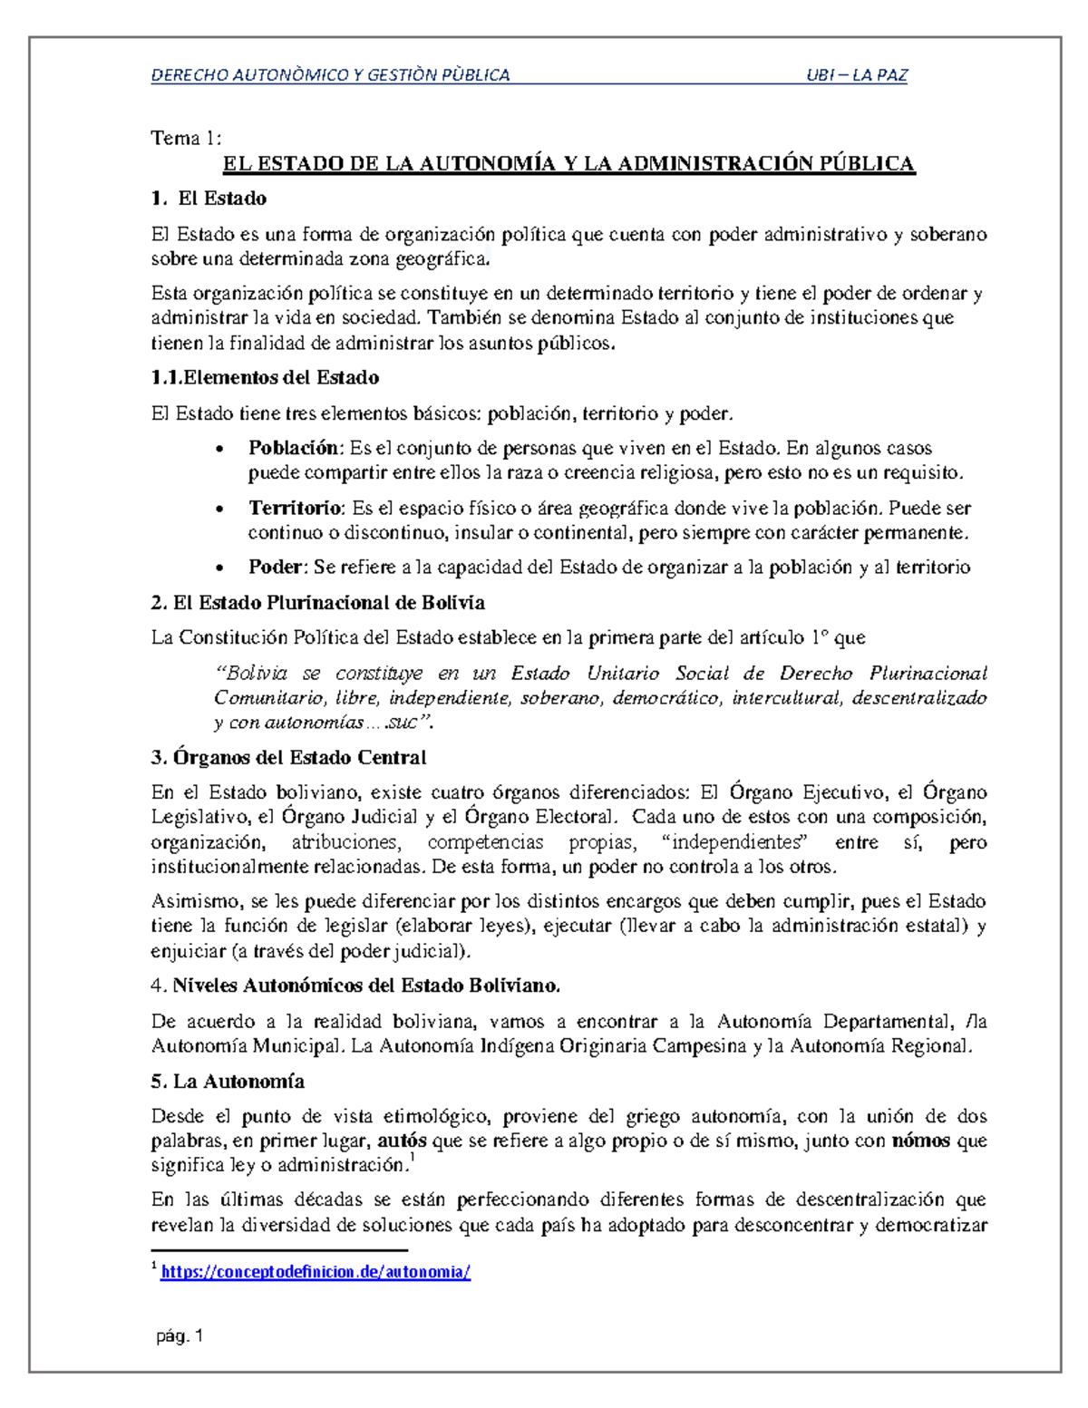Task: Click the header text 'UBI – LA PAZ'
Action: [x=856, y=75]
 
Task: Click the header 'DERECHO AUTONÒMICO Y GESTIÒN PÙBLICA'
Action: [x=330, y=75]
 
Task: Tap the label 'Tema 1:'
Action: [x=186, y=138]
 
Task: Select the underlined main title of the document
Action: [x=568, y=164]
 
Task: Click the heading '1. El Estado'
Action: [x=209, y=199]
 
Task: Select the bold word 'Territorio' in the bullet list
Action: [x=296, y=508]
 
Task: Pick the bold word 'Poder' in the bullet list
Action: [x=277, y=568]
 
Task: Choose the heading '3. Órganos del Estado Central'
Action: [x=288, y=757]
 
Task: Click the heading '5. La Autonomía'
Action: [x=228, y=1082]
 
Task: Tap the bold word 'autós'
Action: [x=403, y=1141]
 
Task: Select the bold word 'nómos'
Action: [x=921, y=1141]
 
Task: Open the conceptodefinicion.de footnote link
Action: [x=316, y=1272]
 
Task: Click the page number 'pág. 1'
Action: [x=180, y=1335]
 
